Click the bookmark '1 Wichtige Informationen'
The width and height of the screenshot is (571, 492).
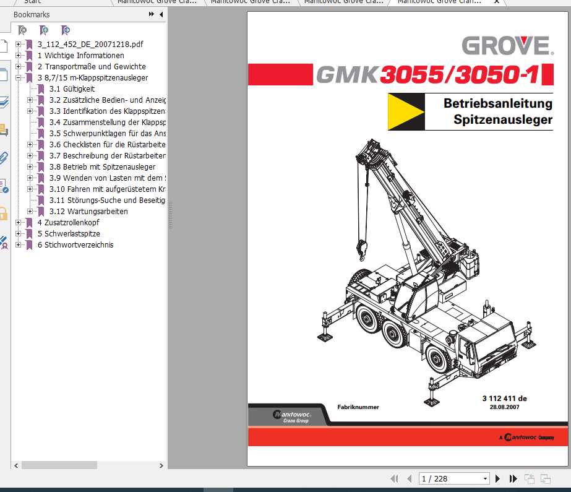(84, 56)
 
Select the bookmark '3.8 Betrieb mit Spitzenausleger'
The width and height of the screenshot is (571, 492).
(102, 167)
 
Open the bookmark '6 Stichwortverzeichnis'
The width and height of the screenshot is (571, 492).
(79, 245)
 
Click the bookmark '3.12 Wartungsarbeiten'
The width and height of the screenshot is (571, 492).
(88, 212)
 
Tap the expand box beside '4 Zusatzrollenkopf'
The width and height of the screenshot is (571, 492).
(19, 223)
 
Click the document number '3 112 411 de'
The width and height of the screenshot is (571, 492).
(504, 399)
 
